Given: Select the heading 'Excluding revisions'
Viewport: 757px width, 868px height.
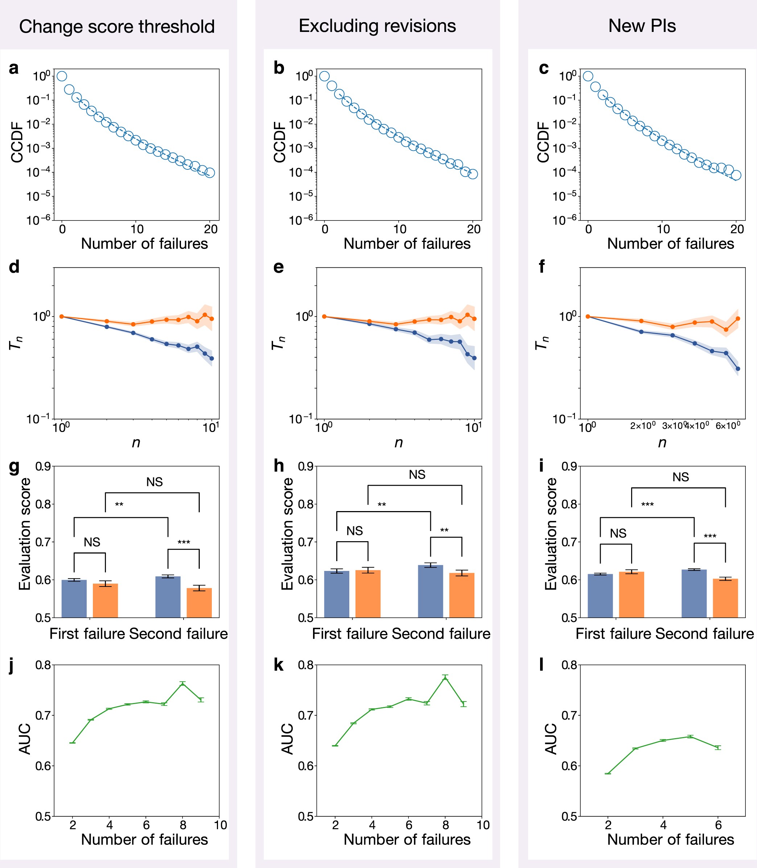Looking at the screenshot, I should (x=377, y=26).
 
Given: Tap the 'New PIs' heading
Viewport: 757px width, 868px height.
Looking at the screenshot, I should (x=642, y=26).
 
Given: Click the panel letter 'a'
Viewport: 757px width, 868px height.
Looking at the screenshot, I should (x=13, y=68).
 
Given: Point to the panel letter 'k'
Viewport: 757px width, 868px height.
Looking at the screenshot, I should (x=278, y=665).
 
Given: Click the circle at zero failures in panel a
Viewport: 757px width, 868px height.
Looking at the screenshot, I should (x=62, y=76).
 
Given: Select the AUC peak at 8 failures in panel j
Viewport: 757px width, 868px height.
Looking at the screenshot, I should (x=182, y=683).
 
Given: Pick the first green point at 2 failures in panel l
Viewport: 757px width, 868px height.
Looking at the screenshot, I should (x=608, y=773).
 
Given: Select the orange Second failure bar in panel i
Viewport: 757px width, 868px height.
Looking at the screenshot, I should (x=725, y=598).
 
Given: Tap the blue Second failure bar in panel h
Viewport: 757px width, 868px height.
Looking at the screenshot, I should (x=431, y=591).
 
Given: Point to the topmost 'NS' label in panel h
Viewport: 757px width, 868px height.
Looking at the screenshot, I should (x=417, y=475).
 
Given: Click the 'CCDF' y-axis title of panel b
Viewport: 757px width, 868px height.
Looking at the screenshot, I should (x=280, y=142).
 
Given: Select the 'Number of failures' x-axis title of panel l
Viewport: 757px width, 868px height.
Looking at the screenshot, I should (x=670, y=839).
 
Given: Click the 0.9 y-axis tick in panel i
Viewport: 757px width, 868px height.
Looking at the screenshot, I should (x=569, y=466).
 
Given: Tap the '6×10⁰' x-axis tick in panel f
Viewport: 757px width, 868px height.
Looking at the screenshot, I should (x=727, y=426).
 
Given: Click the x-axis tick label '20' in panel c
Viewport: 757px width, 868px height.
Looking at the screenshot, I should (x=737, y=229).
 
